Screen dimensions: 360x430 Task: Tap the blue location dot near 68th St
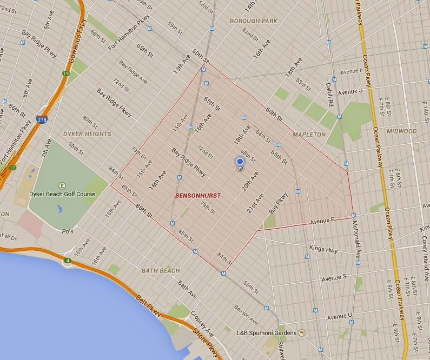[x=240, y=161]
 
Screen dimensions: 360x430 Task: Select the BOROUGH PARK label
[x=253, y=21]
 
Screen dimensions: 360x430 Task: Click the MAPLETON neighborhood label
[x=309, y=134]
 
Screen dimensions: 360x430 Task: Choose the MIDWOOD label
[x=402, y=131]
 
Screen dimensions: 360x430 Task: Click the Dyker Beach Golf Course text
[x=63, y=194]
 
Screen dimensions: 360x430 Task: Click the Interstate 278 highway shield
[x=42, y=119]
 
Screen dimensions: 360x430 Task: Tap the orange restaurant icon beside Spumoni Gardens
[x=302, y=332]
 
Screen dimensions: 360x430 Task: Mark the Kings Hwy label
[x=323, y=249]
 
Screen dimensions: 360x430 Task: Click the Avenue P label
[x=322, y=221]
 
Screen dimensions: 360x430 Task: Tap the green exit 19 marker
[x=66, y=74]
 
